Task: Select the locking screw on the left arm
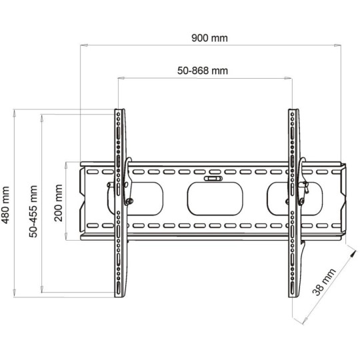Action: pos(129,201)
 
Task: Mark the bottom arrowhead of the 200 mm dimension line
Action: pos(67,237)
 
